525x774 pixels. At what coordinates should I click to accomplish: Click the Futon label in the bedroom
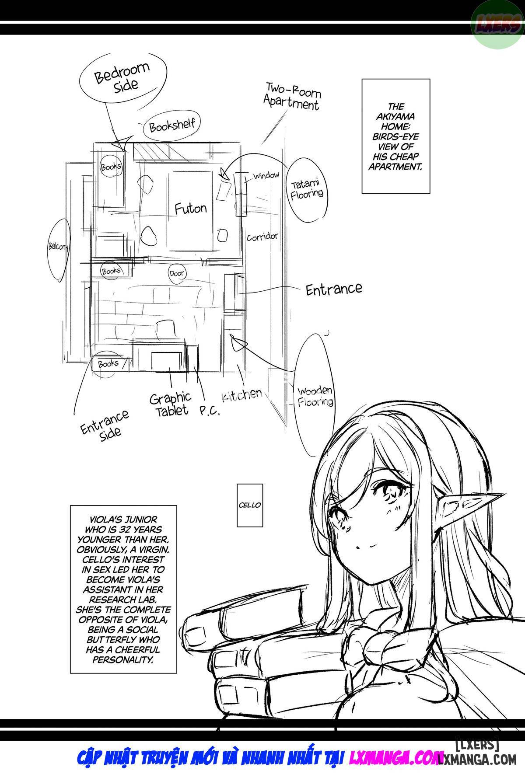coord(190,208)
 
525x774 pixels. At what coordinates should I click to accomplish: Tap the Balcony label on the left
coord(59,248)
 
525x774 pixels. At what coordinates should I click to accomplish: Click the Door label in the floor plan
coord(177,273)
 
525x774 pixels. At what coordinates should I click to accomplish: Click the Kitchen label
coord(241,395)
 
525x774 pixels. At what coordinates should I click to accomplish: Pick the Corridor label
coord(262,237)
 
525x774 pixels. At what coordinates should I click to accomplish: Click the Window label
coord(266,176)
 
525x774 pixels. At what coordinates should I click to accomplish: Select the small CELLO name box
coord(250,505)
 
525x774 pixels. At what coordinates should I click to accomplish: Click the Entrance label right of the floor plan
coord(333,289)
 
